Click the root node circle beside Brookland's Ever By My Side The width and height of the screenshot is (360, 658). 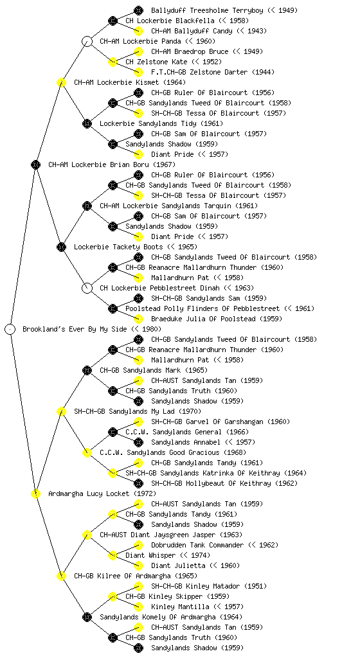point(10,330)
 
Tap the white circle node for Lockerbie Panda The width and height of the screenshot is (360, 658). point(87,41)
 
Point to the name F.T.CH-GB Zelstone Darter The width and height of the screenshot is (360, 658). point(199,72)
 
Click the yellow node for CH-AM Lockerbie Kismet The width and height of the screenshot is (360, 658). point(61,82)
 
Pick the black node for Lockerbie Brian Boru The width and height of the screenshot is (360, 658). point(35,164)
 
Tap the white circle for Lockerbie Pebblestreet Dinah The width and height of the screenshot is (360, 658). point(87,288)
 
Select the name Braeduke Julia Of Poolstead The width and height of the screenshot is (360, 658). point(203,319)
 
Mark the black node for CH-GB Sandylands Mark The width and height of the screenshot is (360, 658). point(87,370)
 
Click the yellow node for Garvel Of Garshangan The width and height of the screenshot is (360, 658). point(138,422)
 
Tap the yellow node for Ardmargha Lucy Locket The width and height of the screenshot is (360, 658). point(35,493)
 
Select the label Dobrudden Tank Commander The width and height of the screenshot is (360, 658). point(197,545)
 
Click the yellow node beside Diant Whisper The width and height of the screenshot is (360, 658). point(113,555)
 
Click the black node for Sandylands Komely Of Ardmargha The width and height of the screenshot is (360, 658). point(87,617)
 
